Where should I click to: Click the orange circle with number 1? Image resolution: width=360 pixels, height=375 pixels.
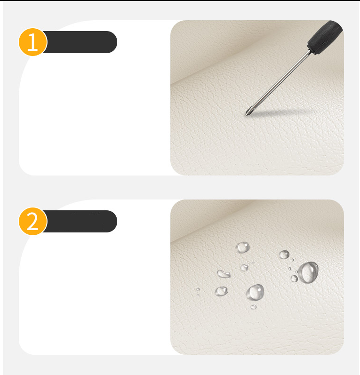pyautogui.click(x=33, y=42)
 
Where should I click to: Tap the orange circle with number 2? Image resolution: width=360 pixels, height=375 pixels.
pyautogui.click(x=33, y=221)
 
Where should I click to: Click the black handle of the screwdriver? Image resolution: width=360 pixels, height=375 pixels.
pyautogui.click(x=325, y=36)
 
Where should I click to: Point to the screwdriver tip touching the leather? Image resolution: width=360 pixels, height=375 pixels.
pyautogui.click(x=247, y=114)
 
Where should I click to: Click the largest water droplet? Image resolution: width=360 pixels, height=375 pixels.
pyautogui.click(x=309, y=272)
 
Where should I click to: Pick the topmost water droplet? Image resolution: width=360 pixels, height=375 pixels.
pyautogui.click(x=243, y=247)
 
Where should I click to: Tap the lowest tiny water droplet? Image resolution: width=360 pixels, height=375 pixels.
pyautogui.click(x=253, y=307)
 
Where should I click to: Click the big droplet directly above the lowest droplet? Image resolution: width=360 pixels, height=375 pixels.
pyautogui.click(x=255, y=292)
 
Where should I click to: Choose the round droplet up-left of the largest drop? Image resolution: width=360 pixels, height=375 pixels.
pyautogui.click(x=284, y=255)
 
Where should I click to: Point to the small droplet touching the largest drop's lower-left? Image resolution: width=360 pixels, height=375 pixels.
pyautogui.click(x=294, y=279)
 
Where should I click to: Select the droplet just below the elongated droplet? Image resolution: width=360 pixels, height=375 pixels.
pyautogui.click(x=221, y=291)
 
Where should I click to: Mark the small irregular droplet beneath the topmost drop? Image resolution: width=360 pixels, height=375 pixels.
pyautogui.click(x=244, y=268)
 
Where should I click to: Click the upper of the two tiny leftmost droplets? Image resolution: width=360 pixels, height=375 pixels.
pyautogui.click(x=198, y=289)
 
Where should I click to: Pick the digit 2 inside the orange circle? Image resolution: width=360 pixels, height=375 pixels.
pyautogui.click(x=32, y=222)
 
